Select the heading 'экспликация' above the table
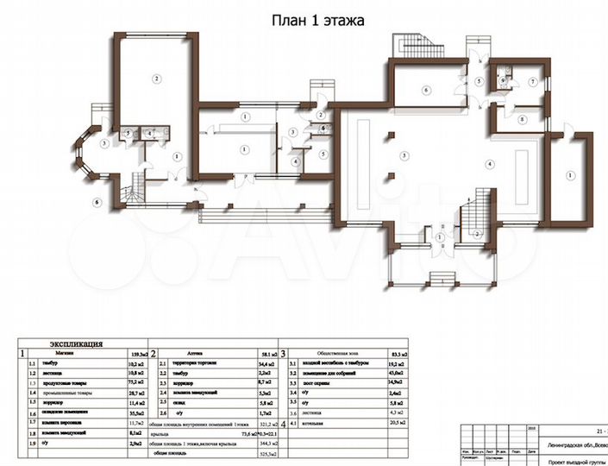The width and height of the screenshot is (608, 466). [77, 343]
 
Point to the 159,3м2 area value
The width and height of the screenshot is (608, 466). [137, 353]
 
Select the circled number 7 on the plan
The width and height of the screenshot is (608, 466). [533, 82]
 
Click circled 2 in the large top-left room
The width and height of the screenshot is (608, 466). [156, 79]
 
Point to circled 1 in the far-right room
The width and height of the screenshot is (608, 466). [569, 175]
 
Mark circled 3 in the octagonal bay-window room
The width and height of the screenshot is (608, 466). [102, 143]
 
